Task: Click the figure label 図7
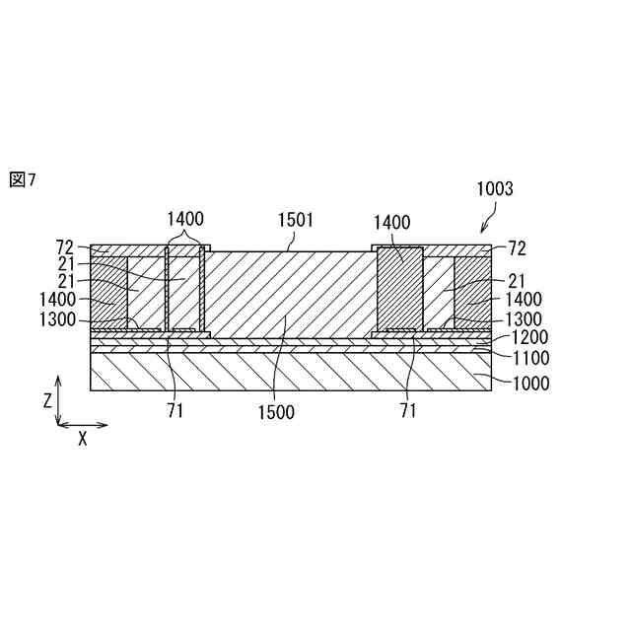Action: tap(22, 179)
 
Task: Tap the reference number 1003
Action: tap(494, 189)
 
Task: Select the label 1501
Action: tap(295, 220)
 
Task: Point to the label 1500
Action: tap(275, 413)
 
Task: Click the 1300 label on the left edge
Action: tap(58, 318)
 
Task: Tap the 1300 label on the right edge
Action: tap(523, 318)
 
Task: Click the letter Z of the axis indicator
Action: tap(46, 400)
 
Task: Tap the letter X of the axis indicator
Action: tap(82, 440)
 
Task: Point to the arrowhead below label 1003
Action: tap(481, 231)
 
